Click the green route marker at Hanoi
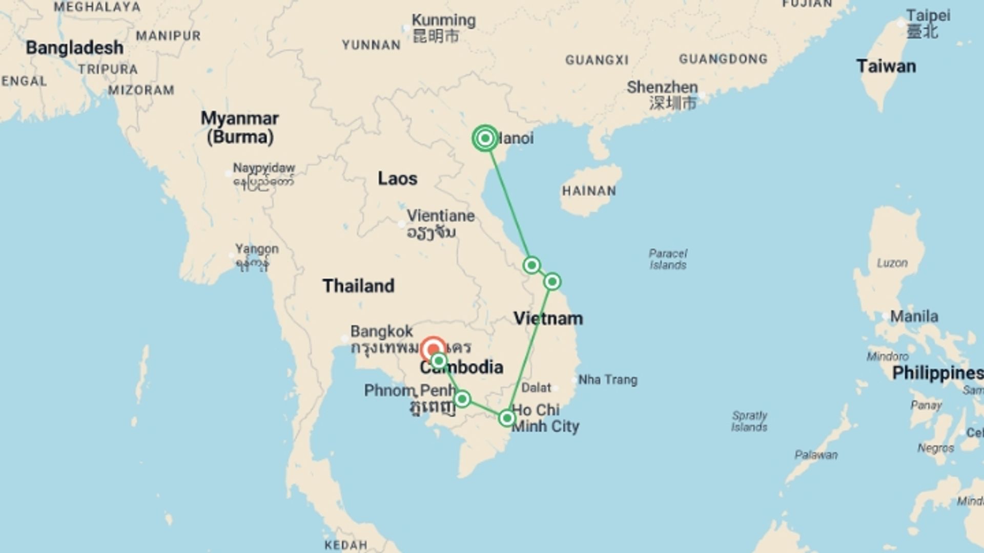click(485, 138)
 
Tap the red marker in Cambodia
click(433, 350)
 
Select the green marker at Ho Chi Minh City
click(506, 418)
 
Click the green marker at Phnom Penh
click(462, 399)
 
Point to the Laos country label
click(397, 179)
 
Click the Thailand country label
click(358, 286)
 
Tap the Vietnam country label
click(548, 318)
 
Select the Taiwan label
click(886, 67)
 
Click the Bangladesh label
click(74, 48)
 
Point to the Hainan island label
click(589, 191)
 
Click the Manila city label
click(914, 316)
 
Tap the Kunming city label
click(443, 20)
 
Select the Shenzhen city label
click(662, 87)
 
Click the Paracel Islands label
click(668, 259)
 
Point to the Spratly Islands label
click(749, 421)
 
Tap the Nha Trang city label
click(608, 380)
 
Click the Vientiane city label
click(441, 216)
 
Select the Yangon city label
click(257, 249)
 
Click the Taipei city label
click(928, 15)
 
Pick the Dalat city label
click(536, 388)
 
